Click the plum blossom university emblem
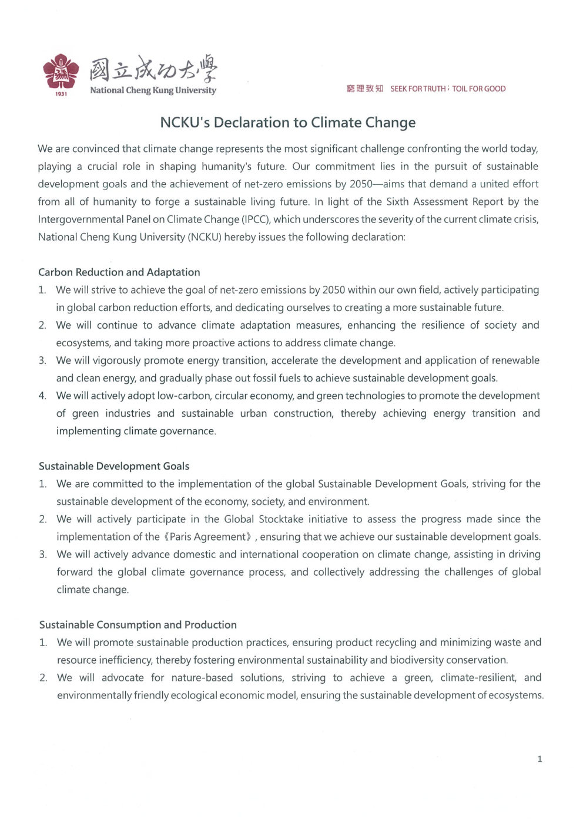click(61, 72)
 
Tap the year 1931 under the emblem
click(61, 94)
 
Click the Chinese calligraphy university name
click(153, 70)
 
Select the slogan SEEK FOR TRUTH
click(418, 89)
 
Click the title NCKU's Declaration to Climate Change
click(288, 123)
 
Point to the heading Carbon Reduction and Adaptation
click(119, 272)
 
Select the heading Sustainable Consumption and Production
click(138, 625)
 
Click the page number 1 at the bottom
click(540, 759)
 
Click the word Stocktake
click(281, 519)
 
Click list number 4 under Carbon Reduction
click(42, 396)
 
